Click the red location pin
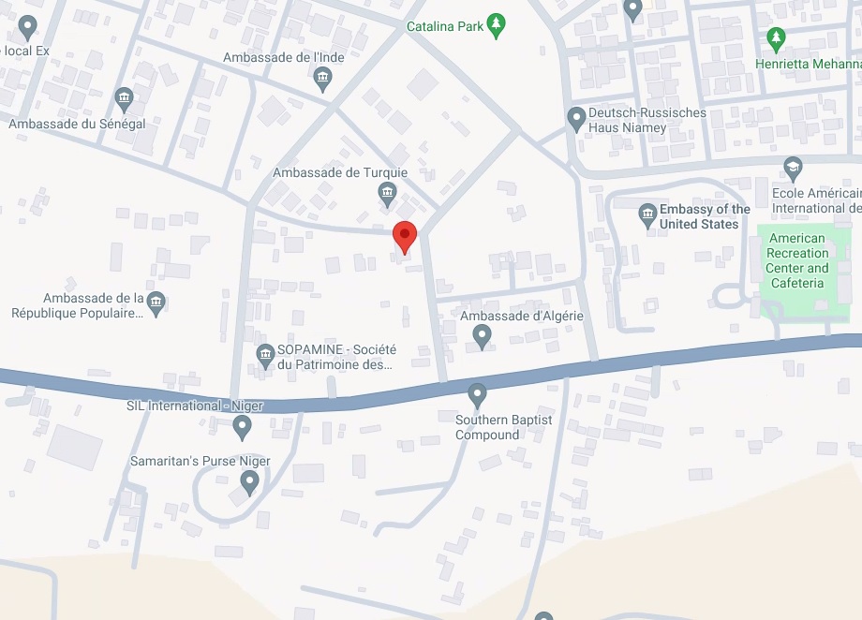[404, 235]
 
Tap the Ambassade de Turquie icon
[387, 194]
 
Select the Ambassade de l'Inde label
[283, 58]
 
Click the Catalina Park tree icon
[498, 24]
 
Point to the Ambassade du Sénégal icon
[124, 98]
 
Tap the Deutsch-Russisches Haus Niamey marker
[577, 118]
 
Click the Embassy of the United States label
[705, 216]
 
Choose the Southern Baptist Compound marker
[478, 393]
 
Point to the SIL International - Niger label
[195, 406]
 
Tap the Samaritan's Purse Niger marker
[249, 481]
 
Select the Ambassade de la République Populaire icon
[156, 301]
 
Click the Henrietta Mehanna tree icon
[775, 39]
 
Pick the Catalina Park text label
[445, 26]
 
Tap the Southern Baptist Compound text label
[503, 427]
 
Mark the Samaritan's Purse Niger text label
[200, 461]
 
